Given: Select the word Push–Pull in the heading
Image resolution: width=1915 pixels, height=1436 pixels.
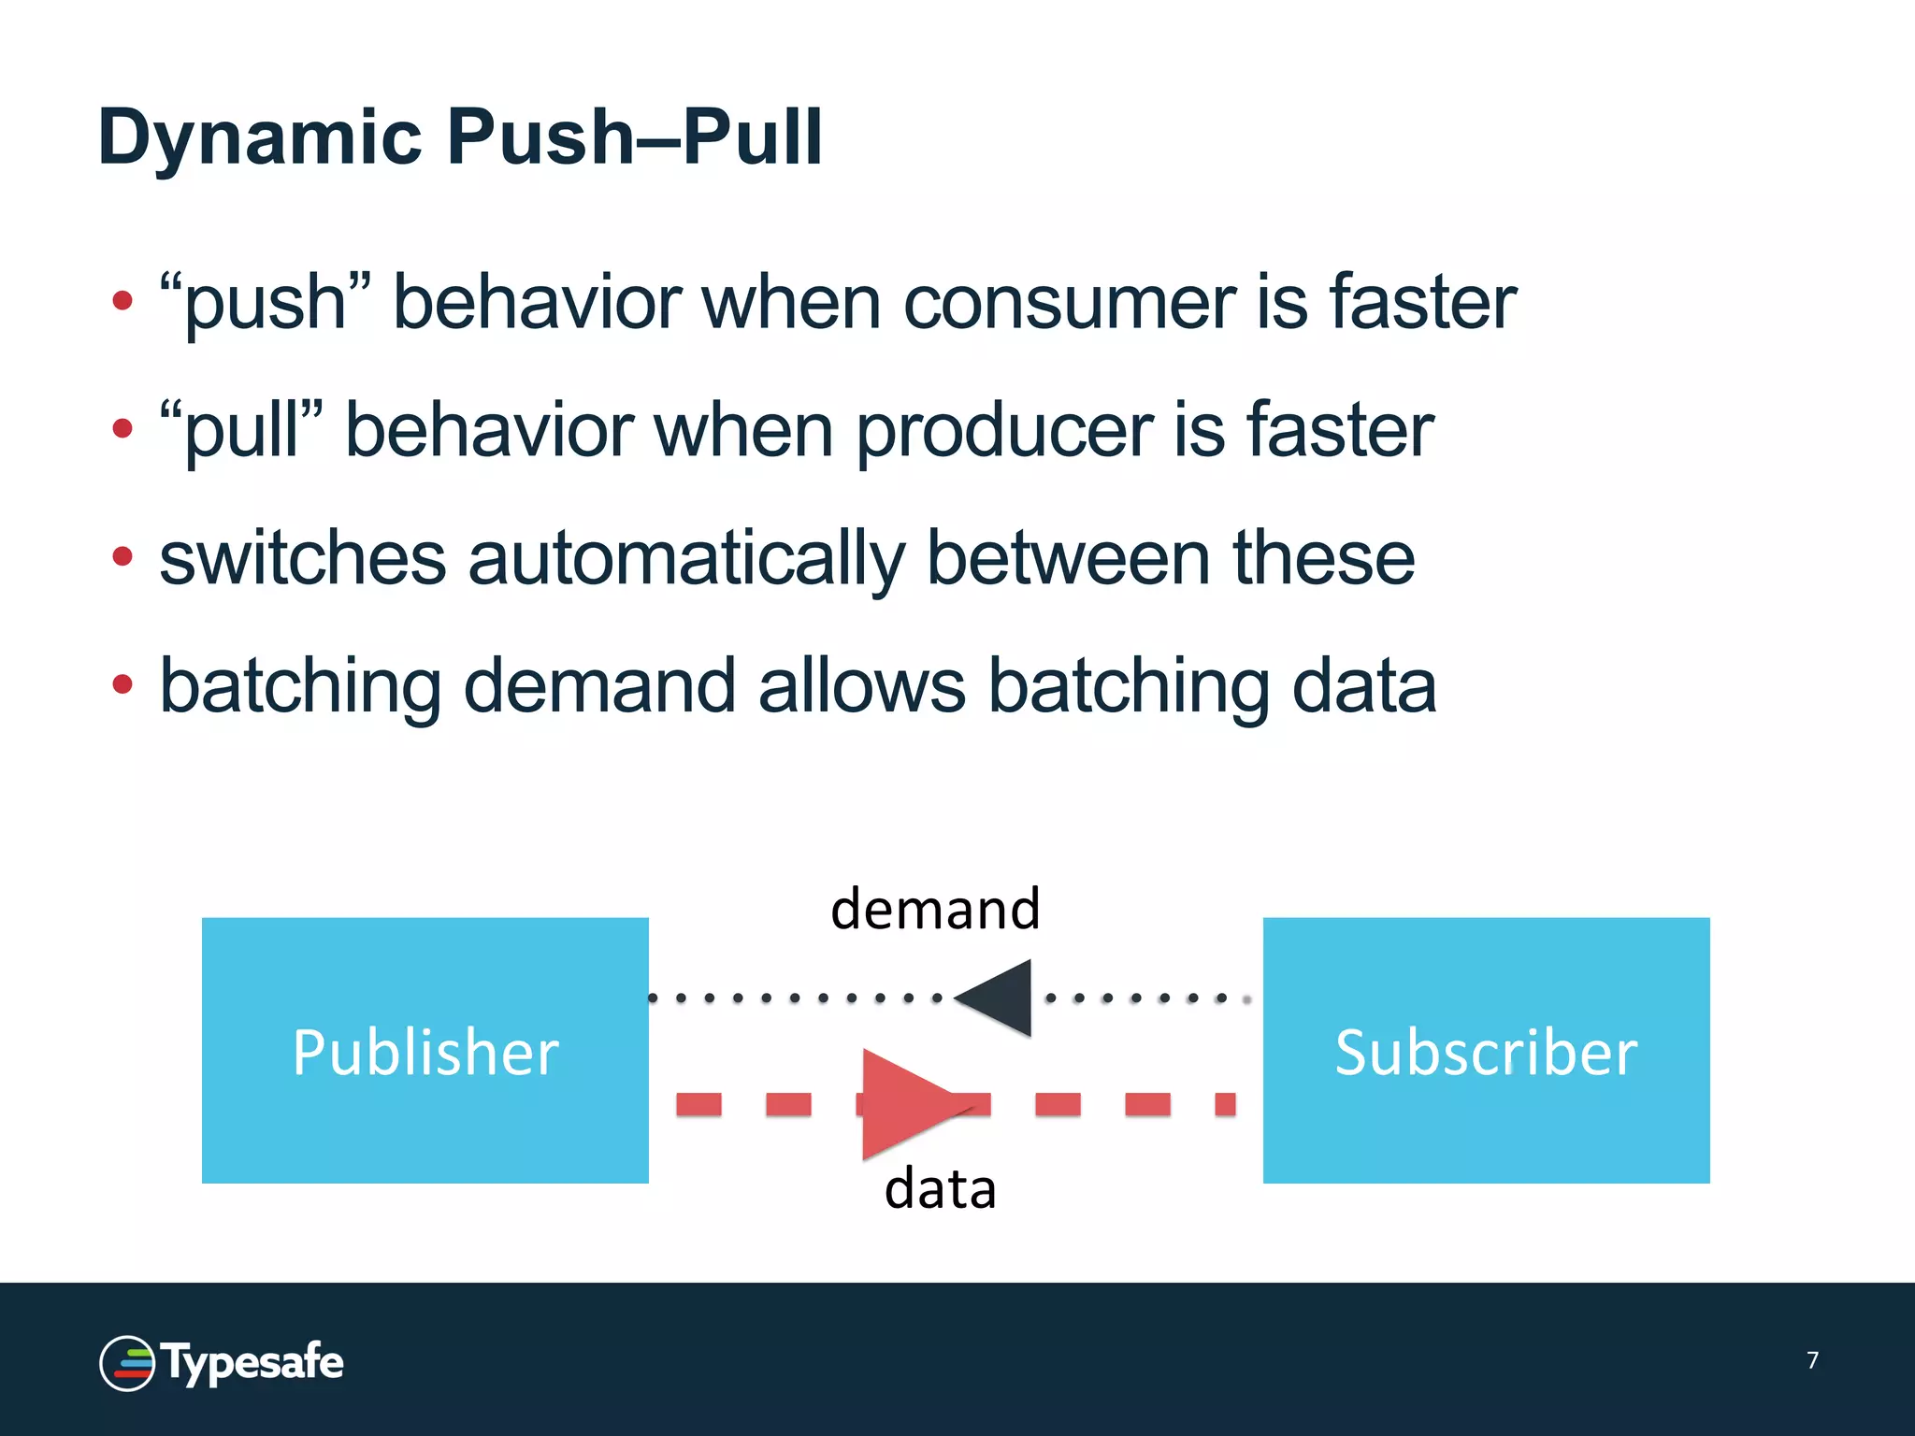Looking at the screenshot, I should pyautogui.click(x=635, y=136).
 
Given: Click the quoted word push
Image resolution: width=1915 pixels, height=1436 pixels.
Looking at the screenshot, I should pyautogui.click(x=266, y=303).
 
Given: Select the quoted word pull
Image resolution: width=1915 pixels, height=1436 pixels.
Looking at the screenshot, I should pyautogui.click(x=241, y=430).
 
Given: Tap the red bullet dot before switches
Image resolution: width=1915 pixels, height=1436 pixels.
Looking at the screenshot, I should pyautogui.click(x=122, y=557).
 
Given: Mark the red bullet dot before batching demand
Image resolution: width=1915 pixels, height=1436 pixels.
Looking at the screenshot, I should pyautogui.click(x=122, y=684).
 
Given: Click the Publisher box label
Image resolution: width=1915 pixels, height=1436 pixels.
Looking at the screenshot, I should pyautogui.click(x=425, y=1052).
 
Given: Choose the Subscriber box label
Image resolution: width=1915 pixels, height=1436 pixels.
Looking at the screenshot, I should pyautogui.click(x=1486, y=1052).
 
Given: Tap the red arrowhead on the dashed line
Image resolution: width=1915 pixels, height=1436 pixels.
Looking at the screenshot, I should pyautogui.click(x=902, y=1103).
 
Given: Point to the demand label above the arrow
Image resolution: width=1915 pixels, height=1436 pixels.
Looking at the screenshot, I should pyautogui.click(x=935, y=909).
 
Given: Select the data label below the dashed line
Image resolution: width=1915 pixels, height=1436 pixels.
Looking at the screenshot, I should pyautogui.click(x=940, y=1189).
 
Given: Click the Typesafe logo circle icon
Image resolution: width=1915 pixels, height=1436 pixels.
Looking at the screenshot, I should pyautogui.click(x=127, y=1363).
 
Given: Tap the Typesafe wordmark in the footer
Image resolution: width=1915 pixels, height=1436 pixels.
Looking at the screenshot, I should pyautogui.click(x=252, y=1363).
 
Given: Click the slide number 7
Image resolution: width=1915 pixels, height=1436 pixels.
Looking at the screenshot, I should pyautogui.click(x=1812, y=1359).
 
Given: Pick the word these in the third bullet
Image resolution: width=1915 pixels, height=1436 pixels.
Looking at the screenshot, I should pyautogui.click(x=1323, y=558).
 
